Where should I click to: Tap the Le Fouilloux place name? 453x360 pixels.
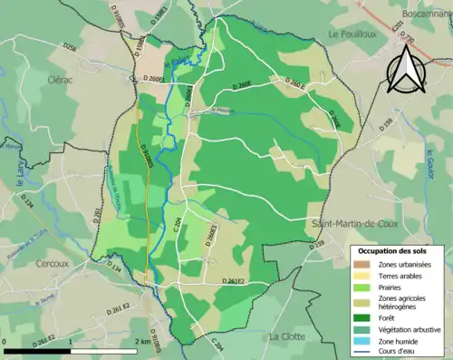(x=345, y=34)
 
